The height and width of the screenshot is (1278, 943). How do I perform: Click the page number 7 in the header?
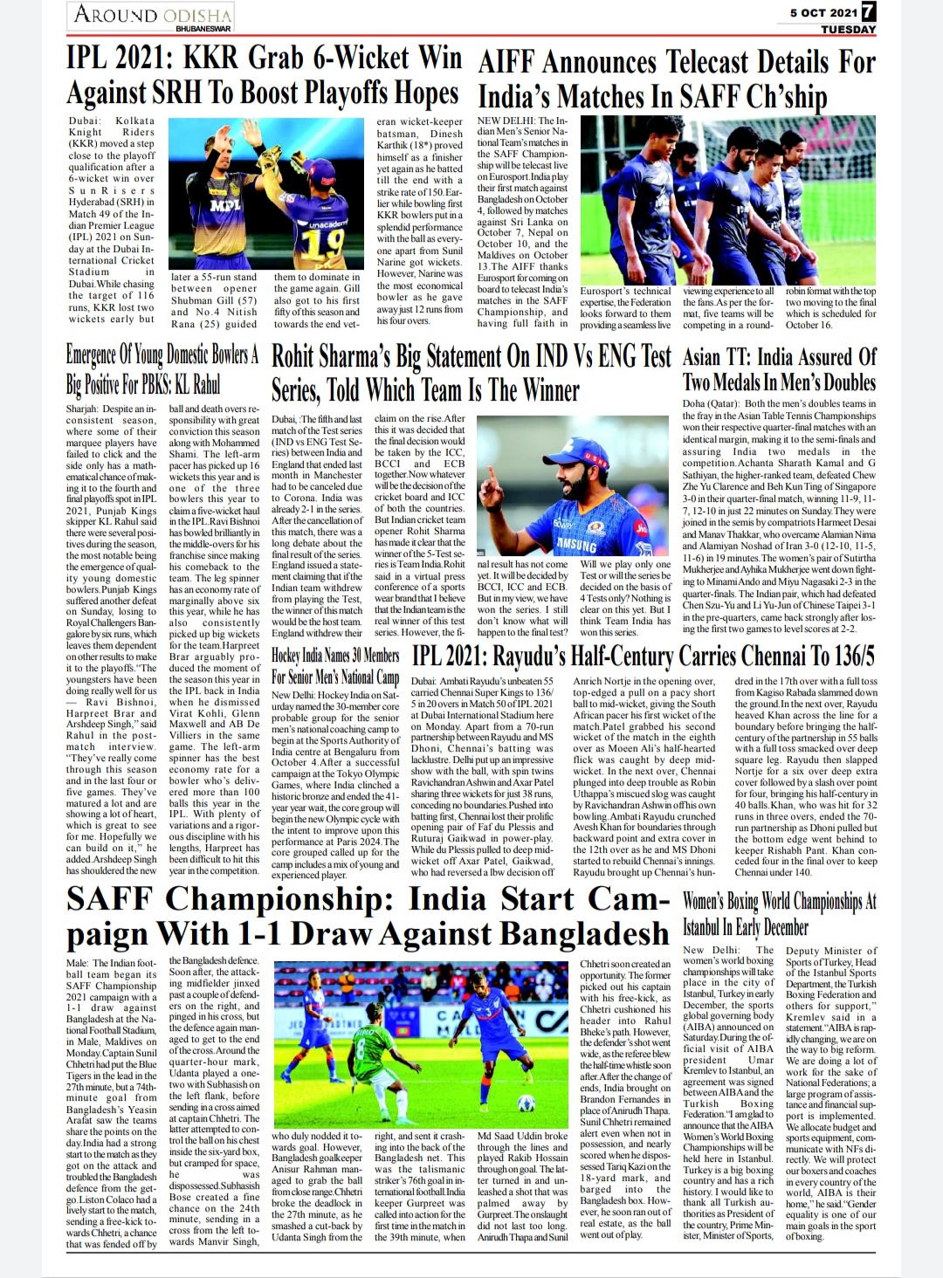pyautogui.click(x=868, y=13)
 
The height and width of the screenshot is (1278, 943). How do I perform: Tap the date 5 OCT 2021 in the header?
pyautogui.click(x=823, y=13)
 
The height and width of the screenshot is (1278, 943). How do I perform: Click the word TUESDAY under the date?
pyautogui.click(x=848, y=29)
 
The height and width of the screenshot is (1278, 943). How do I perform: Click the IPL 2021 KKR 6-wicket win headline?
pyautogui.click(x=264, y=76)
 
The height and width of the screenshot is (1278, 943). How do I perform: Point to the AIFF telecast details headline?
pyautogui.click(x=677, y=79)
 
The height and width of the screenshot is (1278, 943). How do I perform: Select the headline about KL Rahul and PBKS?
pyautogui.click(x=162, y=370)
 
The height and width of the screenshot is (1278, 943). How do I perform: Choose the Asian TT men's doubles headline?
pyautogui.click(x=779, y=369)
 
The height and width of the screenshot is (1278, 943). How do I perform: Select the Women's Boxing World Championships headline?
pyautogui.click(x=779, y=913)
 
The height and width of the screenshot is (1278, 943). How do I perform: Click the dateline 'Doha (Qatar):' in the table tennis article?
pyautogui.click(x=709, y=404)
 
